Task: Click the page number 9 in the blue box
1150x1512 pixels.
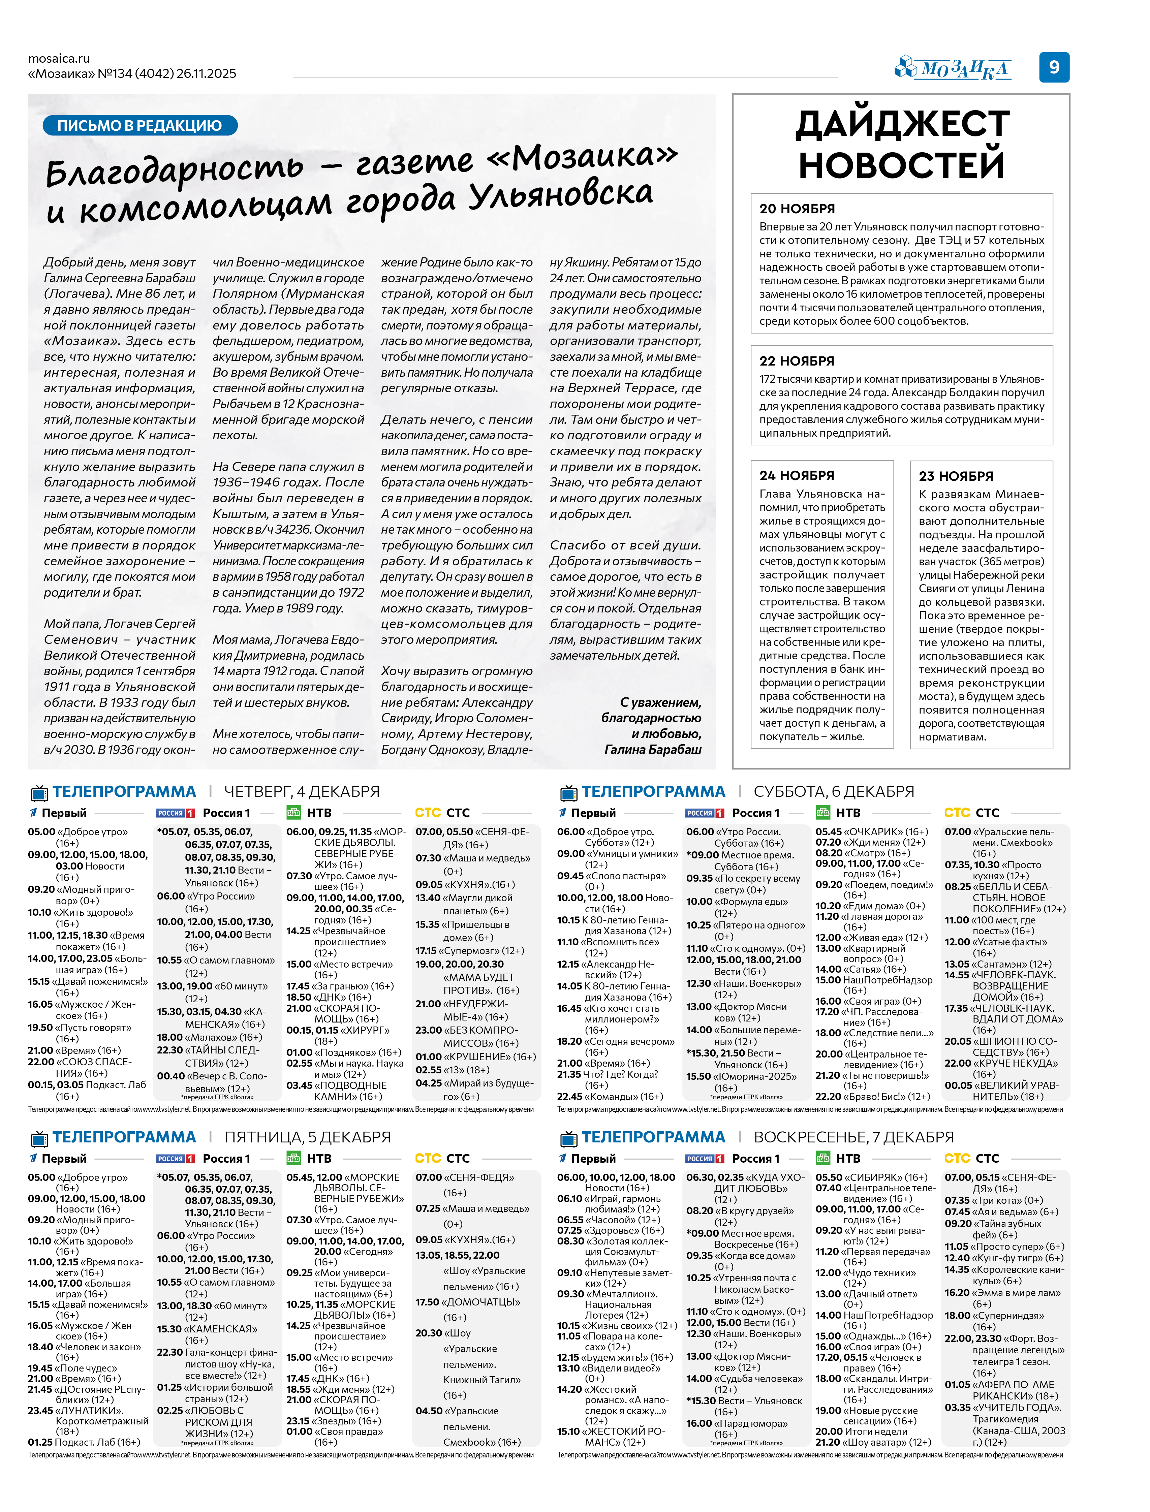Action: pyautogui.click(x=1054, y=67)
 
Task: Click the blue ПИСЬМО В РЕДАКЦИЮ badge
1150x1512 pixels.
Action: pyautogui.click(x=139, y=125)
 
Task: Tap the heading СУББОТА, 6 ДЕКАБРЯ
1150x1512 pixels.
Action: pyautogui.click(x=834, y=791)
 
